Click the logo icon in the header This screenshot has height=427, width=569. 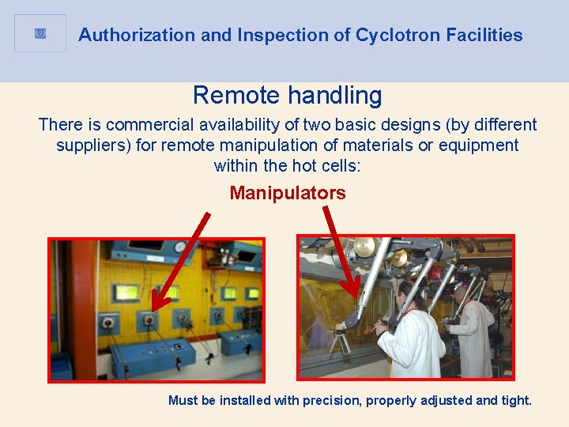(40, 33)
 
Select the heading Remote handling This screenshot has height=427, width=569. (287, 96)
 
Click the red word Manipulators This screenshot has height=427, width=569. (288, 193)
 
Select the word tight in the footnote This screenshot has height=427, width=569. (515, 400)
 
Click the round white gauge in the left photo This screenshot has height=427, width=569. (181, 247)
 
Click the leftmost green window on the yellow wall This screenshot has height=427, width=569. (126, 293)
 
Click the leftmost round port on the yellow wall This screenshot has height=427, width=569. (107, 323)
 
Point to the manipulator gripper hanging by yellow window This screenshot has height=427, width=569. (341, 342)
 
